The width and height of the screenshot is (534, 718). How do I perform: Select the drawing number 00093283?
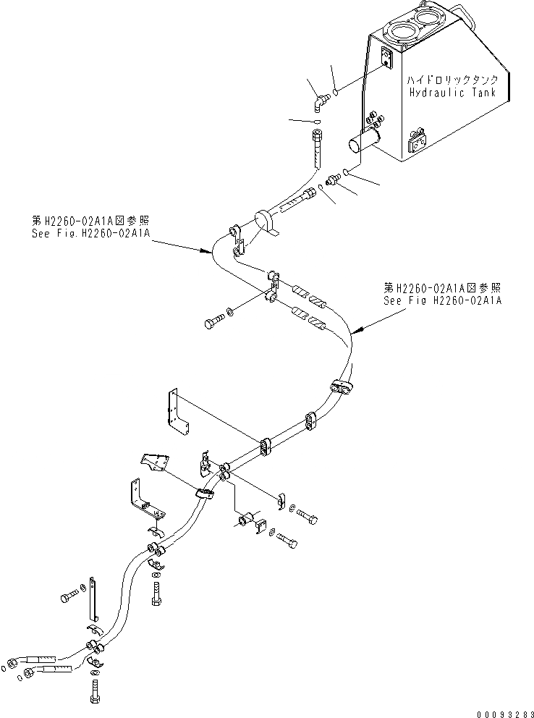coord(500,710)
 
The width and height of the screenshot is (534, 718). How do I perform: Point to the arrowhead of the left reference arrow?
coord(211,253)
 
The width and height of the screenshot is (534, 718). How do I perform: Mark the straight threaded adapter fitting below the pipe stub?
coord(334,178)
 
